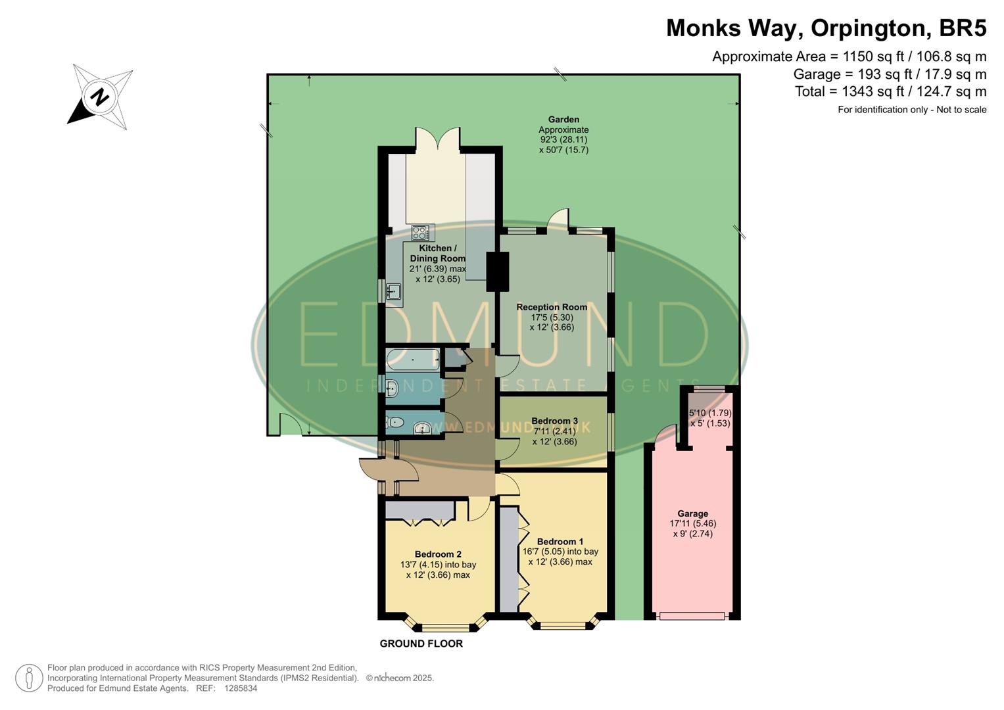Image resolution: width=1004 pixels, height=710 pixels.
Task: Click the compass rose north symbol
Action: click(x=100, y=97)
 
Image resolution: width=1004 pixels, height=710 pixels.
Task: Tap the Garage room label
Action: click(x=692, y=514)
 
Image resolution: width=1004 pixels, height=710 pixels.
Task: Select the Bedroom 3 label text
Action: click(x=554, y=421)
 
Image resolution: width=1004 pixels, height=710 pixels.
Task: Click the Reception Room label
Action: click(x=551, y=307)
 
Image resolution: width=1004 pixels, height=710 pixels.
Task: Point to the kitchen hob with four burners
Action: click(x=420, y=233)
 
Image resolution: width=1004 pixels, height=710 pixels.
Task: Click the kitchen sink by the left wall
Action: click(x=394, y=291)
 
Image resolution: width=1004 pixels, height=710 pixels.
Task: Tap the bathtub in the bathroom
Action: click(x=412, y=360)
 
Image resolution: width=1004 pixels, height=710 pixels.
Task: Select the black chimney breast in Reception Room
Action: click(x=497, y=272)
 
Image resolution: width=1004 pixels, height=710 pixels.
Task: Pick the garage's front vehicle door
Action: click(x=692, y=616)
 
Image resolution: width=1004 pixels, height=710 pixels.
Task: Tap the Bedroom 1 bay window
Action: click(x=563, y=625)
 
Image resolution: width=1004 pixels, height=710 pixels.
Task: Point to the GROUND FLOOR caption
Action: click(x=421, y=644)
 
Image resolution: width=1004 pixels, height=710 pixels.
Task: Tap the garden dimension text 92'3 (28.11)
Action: click(x=563, y=139)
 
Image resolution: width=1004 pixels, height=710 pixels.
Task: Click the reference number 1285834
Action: click(x=241, y=688)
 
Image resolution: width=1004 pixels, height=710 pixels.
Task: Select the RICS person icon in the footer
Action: click(x=29, y=678)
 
